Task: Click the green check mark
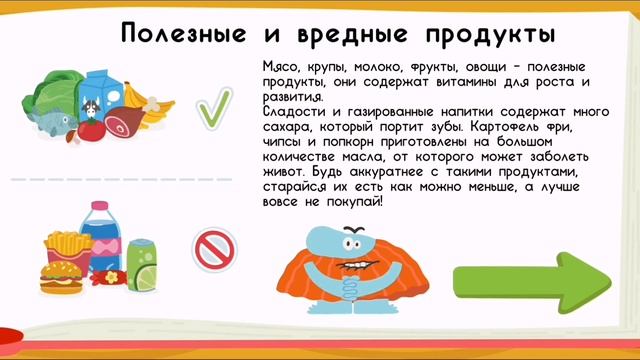[213, 108]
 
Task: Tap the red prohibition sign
[211, 250]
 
